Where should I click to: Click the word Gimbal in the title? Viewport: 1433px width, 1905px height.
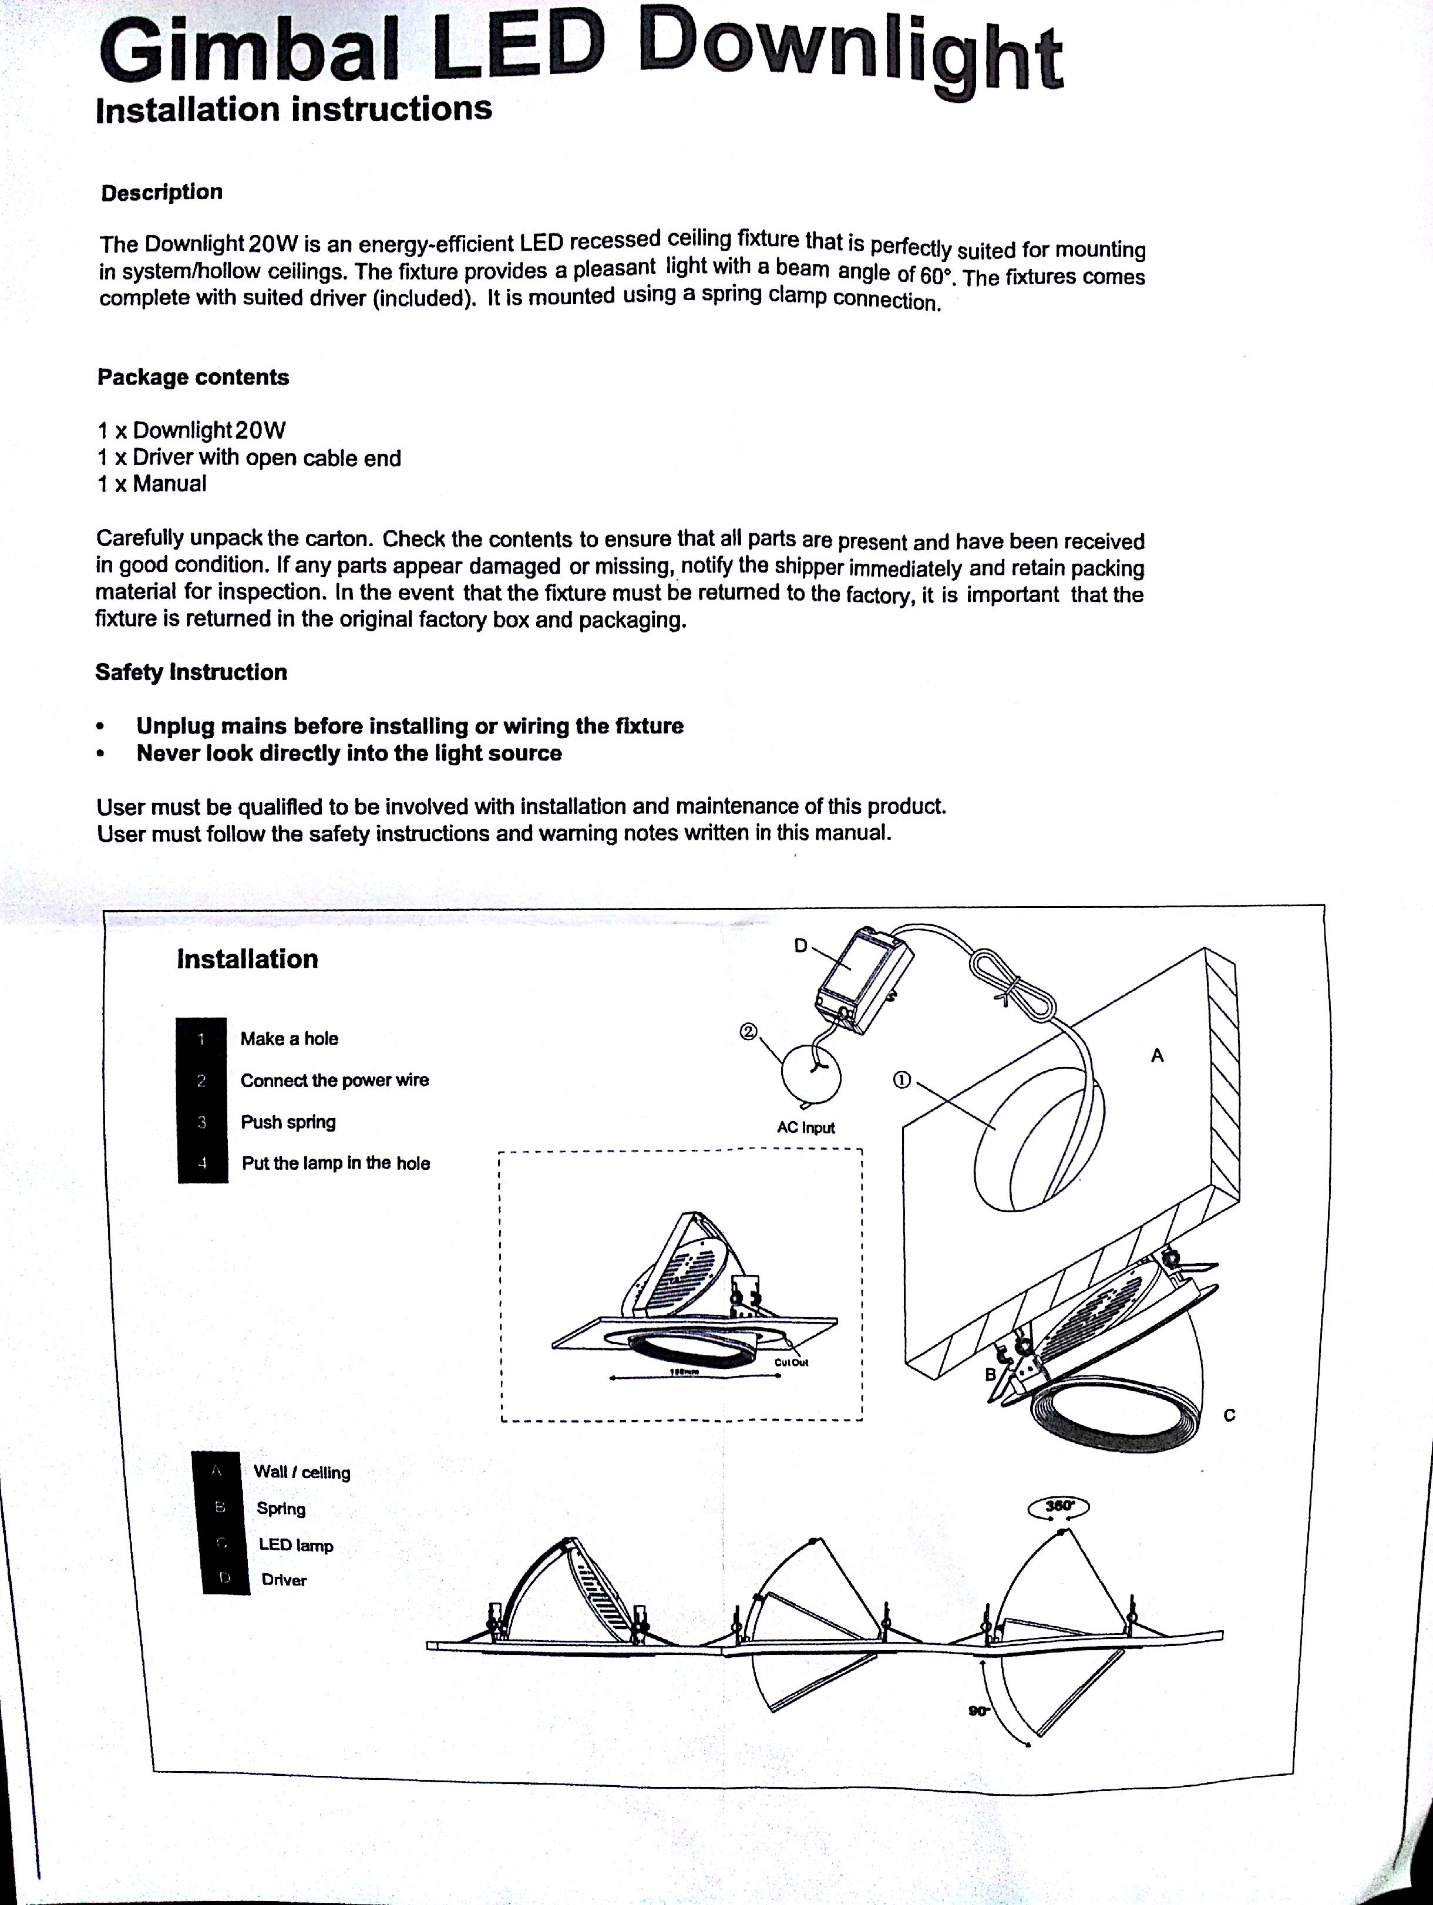click(250, 52)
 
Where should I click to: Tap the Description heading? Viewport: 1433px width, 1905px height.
click(162, 192)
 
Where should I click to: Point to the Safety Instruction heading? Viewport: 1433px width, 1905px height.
click(191, 672)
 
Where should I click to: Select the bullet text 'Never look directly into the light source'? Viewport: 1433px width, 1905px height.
click(349, 753)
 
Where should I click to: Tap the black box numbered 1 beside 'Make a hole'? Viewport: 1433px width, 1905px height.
click(201, 1039)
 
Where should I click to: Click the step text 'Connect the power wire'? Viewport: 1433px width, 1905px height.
click(334, 1080)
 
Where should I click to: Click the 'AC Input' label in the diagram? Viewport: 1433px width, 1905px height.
click(805, 1127)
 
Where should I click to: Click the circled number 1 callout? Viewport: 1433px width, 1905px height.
click(901, 1080)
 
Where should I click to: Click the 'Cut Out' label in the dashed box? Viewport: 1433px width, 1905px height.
click(790, 1362)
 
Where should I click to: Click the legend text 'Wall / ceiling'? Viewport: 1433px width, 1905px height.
click(301, 1472)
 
